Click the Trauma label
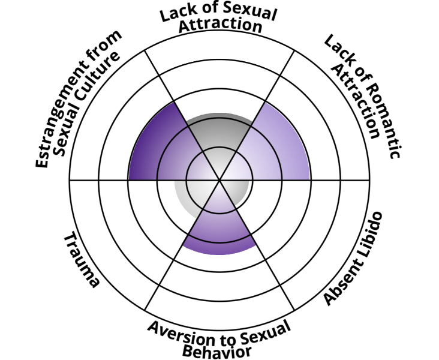click(81, 260)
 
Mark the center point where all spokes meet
click(220, 179)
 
